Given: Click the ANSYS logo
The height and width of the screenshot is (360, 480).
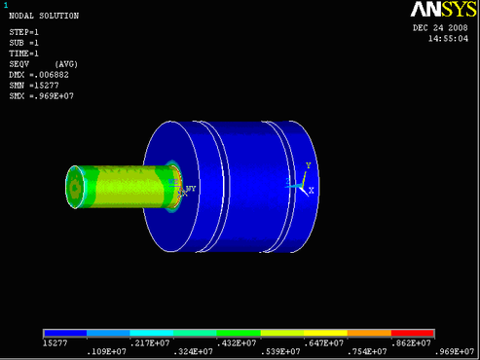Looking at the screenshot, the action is coord(443,10).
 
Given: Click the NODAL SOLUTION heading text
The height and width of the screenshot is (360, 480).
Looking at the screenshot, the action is coord(44,16).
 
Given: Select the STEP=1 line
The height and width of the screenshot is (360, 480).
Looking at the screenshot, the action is coord(23,32).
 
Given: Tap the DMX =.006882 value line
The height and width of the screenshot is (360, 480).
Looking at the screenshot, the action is coord(39,75).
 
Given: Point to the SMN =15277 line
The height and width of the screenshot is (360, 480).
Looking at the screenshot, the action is coord(34,86).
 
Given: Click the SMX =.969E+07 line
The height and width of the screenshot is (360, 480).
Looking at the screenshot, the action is coord(42,96).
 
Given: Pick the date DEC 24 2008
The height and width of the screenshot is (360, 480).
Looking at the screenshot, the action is coord(440,28).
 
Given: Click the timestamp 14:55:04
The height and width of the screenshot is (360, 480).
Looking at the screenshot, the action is coord(448,39).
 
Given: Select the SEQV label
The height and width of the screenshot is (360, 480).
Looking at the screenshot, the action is coord(19,64).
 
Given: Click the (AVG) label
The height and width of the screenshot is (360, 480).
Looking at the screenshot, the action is coord(66,64).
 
